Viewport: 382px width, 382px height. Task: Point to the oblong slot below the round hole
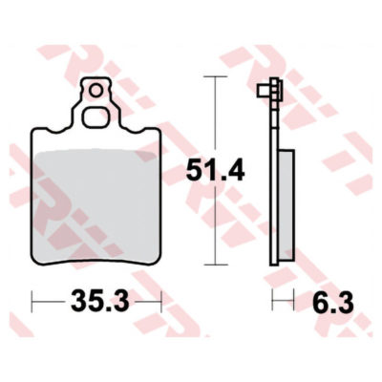pos(96,118)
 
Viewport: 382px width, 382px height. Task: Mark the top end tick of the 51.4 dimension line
pos(216,78)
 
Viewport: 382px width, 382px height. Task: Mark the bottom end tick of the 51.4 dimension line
pos(216,266)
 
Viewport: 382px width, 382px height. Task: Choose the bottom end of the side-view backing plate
pos(276,265)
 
